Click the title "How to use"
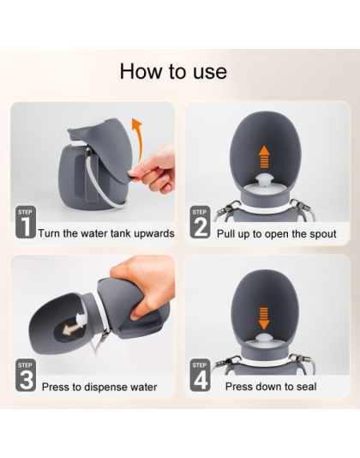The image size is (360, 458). tap(173, 70)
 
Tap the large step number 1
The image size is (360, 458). tap(25, 229)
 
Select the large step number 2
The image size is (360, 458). tap(200, 229)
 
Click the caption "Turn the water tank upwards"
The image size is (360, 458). tap(106, 233)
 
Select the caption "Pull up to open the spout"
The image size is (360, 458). tap(276, 233)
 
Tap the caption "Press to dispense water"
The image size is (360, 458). tap(99, 388)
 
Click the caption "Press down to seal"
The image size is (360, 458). tap(271, 388)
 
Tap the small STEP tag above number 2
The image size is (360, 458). tap(200, 212)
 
